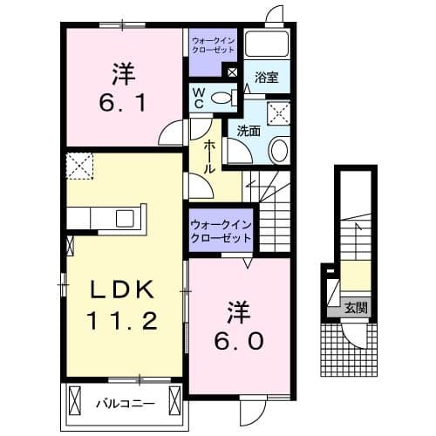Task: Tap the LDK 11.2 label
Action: point(121,303)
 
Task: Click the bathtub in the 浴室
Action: point(268,43)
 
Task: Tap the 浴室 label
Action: point(267,78)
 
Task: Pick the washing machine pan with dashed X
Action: point(281,110)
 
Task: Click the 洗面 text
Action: point(249,131)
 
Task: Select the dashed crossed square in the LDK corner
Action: point(79,166)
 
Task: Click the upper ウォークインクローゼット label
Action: point(214,44)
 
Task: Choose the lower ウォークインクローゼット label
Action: point(221,231)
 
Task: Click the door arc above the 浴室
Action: point(275,14)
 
